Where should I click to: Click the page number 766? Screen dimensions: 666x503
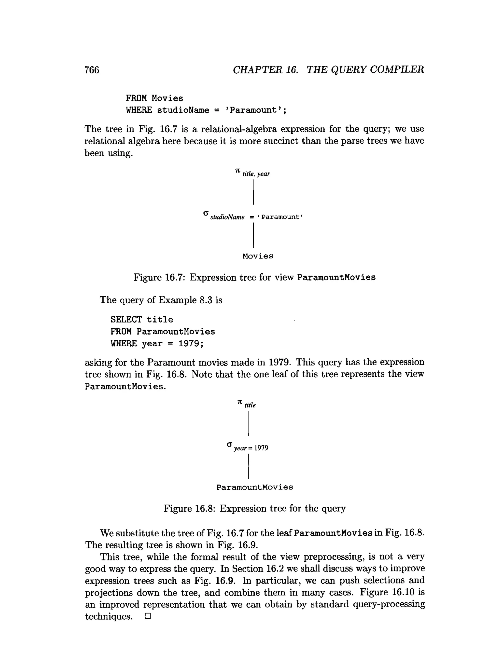point(92,70)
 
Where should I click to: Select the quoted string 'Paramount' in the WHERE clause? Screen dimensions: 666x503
point(255,110)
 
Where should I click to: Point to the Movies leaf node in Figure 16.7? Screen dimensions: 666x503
point(258,256)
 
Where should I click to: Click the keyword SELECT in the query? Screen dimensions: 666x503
point(126,319)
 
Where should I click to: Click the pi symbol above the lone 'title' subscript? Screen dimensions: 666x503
point(240,402)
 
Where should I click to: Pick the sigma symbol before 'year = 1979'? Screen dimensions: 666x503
point(229,444)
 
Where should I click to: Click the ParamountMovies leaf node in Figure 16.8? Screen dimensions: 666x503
point(254,487)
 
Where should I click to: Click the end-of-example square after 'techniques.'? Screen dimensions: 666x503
point(147,616)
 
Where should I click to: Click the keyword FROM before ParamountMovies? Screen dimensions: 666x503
point(121,331)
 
